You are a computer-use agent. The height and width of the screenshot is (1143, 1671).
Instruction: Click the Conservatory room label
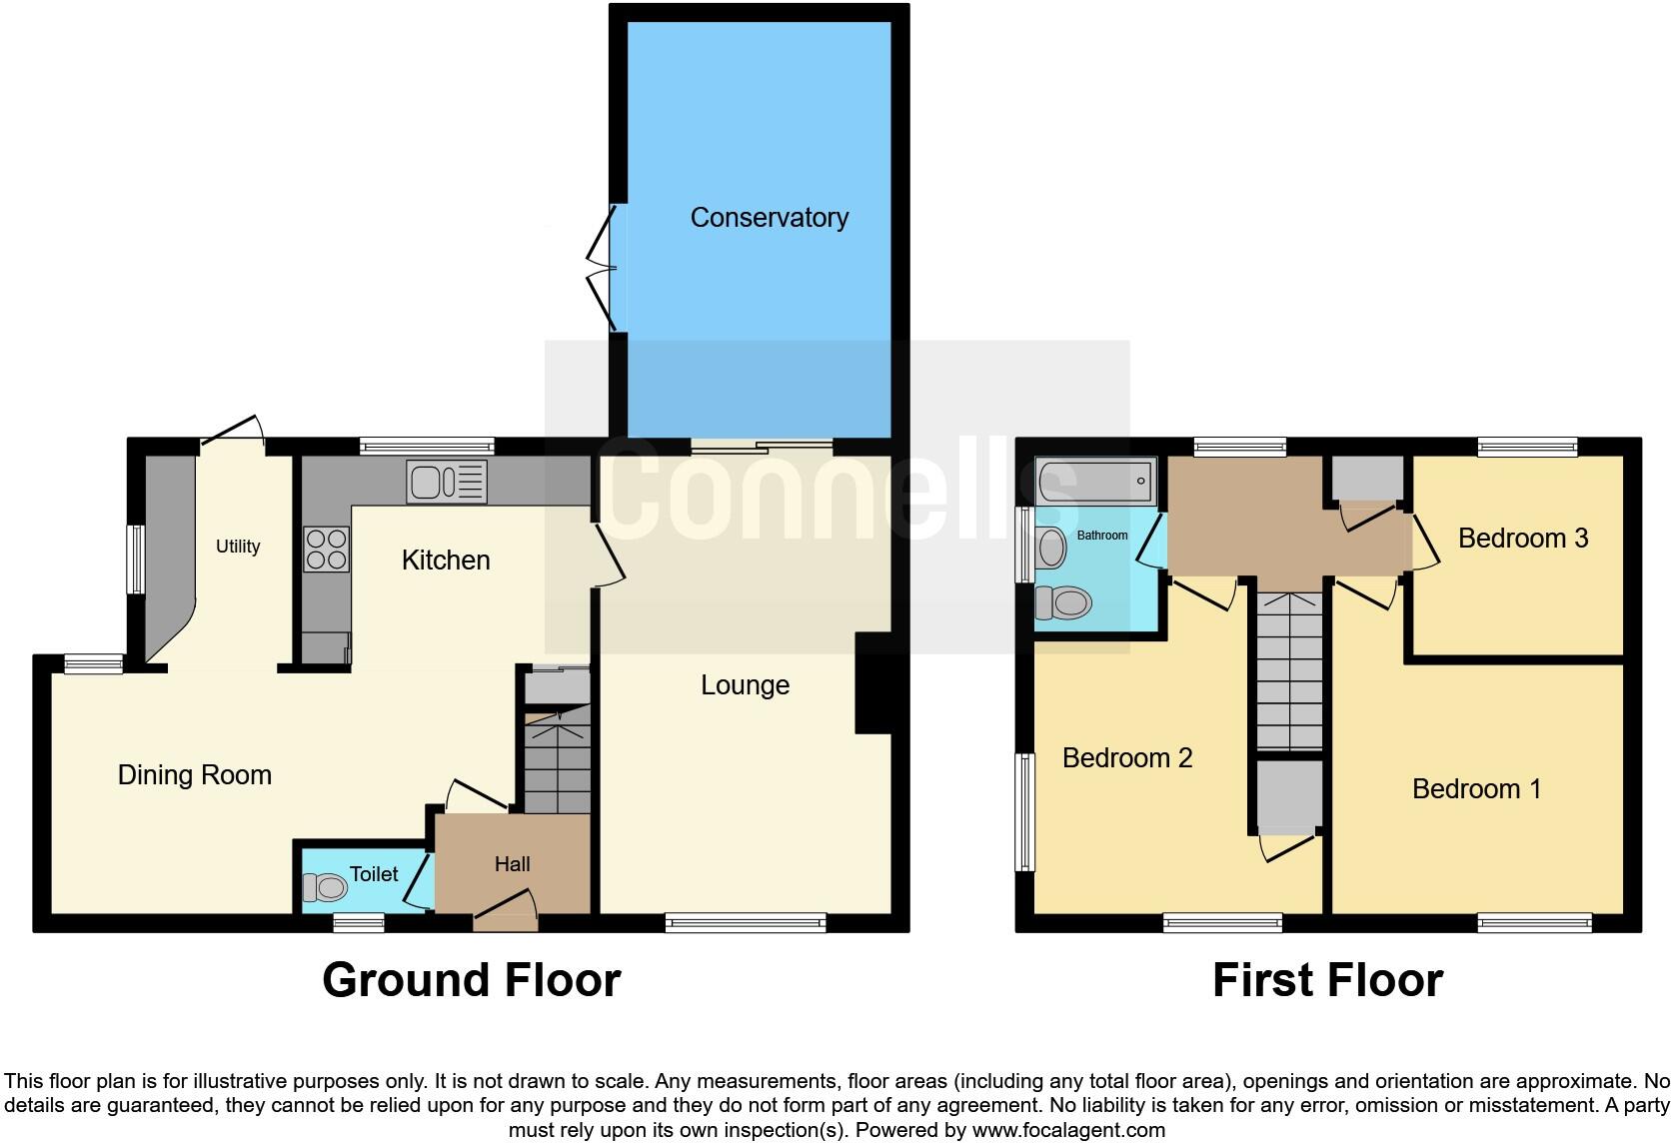click(769, 218)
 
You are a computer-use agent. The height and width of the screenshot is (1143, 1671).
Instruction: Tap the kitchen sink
click(446, 482)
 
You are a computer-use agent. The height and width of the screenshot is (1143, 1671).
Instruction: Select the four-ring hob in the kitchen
click(326, 550)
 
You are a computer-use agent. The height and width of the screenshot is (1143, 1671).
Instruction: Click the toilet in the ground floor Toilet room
click(323, 886)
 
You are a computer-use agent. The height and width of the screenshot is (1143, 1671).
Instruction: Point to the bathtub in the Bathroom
click(1095, 482)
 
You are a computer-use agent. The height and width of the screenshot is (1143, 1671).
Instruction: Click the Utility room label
click(238, 547)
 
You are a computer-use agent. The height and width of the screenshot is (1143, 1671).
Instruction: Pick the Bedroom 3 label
click(1522, 539)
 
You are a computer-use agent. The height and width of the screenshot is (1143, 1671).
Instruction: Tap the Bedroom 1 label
click(1475, 789)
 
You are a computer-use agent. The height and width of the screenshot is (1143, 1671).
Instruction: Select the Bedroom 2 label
click(1126, 758)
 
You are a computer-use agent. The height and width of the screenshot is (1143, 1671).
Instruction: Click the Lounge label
click(745, 685)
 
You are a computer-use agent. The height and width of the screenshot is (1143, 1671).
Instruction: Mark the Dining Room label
click(194, 775)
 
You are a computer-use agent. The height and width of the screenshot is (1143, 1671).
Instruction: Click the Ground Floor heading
click(471, 980)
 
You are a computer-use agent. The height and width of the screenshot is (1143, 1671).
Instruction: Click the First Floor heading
click(1326, 980)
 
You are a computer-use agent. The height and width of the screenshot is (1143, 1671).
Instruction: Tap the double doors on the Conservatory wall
click(603, 268)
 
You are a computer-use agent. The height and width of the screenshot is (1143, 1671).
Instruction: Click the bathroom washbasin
click(1051, 548)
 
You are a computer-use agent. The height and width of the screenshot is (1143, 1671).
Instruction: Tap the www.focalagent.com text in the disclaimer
click(1067, 1130)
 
